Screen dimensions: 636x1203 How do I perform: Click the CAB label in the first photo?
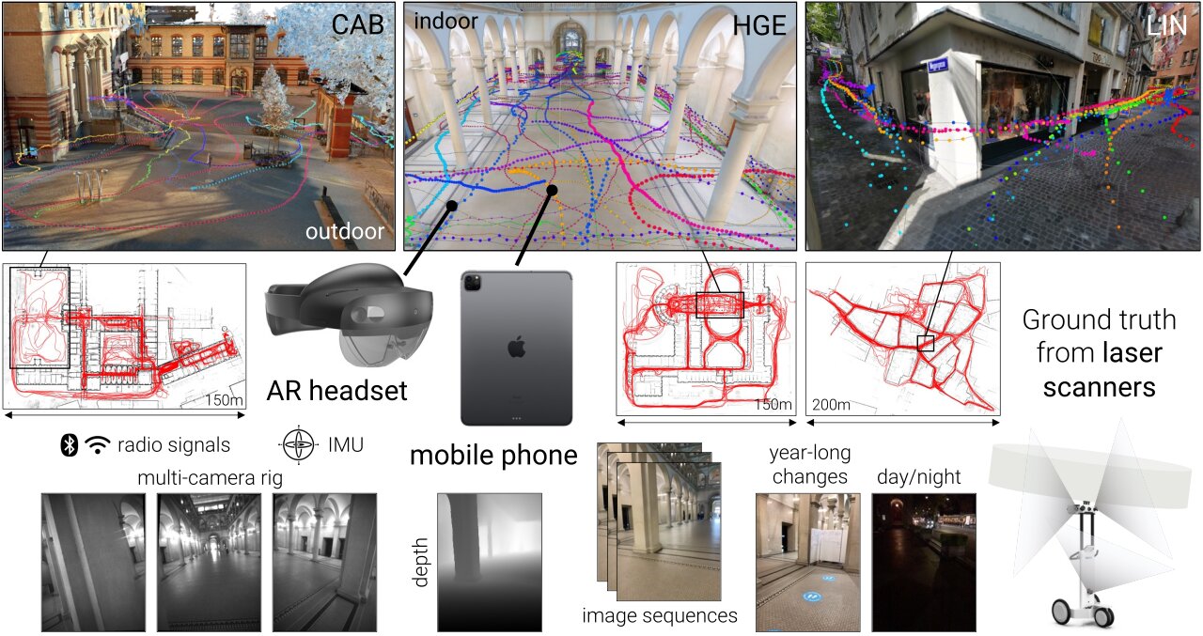pos(357,25)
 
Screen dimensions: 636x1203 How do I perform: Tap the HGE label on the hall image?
pos(758,25)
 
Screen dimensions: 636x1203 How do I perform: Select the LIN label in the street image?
pos(1167,25)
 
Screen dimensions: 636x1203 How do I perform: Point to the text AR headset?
pos(336,389)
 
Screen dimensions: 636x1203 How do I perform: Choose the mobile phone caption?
pos(493,457)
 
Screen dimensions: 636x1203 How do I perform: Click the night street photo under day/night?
pos(924,561)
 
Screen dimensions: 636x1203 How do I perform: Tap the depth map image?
pos(490,561)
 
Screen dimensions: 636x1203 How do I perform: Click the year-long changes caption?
pos(809,465)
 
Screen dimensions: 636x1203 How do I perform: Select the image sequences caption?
pos(659,616)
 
